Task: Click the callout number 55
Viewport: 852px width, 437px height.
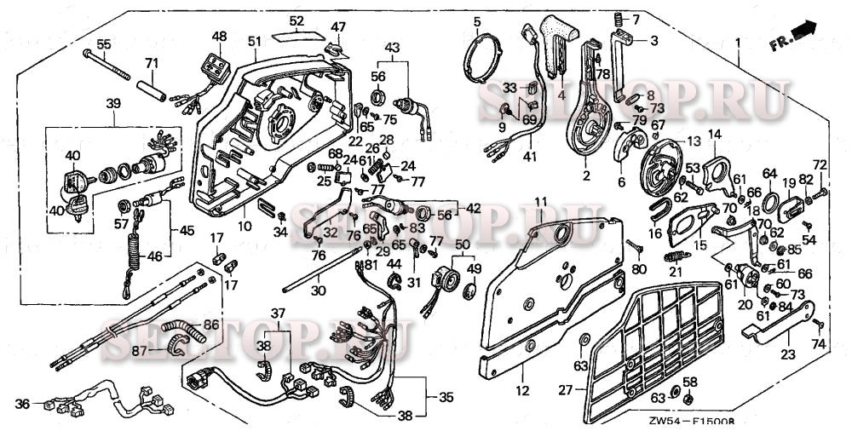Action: (103, 43)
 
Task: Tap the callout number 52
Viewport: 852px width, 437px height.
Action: (296, 20)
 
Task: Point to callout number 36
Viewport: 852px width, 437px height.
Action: (23, 404)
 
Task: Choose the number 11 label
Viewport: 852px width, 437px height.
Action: (539, 202)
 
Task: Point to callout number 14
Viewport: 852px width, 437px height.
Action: (714, 134)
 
